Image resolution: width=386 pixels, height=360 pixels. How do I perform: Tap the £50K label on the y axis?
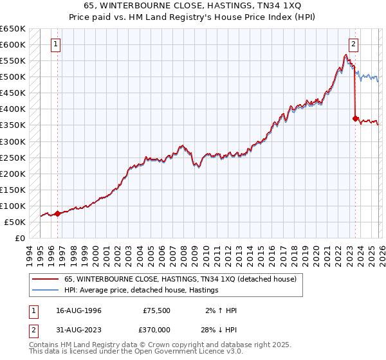pyautogui.click(x=15, y=222)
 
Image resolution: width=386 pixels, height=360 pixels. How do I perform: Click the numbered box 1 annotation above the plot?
pyautogui.click(x=57, y=44)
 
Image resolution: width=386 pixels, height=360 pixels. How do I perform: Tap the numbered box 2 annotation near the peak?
pyautogui.click(x=354, y=44)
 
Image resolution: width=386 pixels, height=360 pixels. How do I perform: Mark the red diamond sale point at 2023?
pyautogui.click(x=355, y=118)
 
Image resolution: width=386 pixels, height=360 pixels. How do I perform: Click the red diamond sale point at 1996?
pyautogui.click(x=58, y=213)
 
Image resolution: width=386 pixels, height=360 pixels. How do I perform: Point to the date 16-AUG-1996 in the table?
pyautogui.click(x=78, y=310)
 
